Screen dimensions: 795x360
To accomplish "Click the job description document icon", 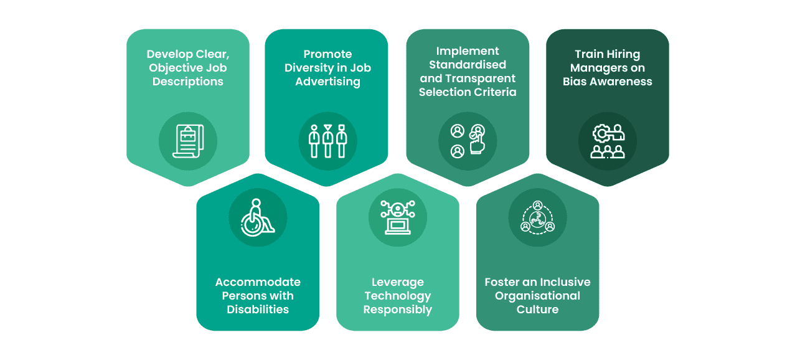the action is click(188, 141).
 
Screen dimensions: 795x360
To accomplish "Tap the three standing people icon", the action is click(327, 141).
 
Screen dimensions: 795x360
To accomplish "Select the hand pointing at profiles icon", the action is click(468, 141).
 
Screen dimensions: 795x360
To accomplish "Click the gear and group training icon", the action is click(608, 141).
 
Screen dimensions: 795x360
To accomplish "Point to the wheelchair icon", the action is click(258, 217).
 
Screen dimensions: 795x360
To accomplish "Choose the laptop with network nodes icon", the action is click(397, 217).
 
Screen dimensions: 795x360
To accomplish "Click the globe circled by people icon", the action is click(538, 217).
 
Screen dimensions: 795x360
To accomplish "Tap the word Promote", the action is click(327, 54).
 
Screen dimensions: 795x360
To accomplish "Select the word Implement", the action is click(468, 52).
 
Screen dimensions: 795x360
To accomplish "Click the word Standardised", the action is click(468, 65).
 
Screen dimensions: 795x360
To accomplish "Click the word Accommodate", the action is click(258, 282).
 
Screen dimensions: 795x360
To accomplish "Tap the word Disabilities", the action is click(258, 309).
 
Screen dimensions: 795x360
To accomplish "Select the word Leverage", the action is click(397, 283).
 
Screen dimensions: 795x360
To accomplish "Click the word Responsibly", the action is click(397, 310).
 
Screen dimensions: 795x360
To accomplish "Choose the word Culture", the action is click(537, 309).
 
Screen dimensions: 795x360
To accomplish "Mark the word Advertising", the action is click(327, 82).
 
